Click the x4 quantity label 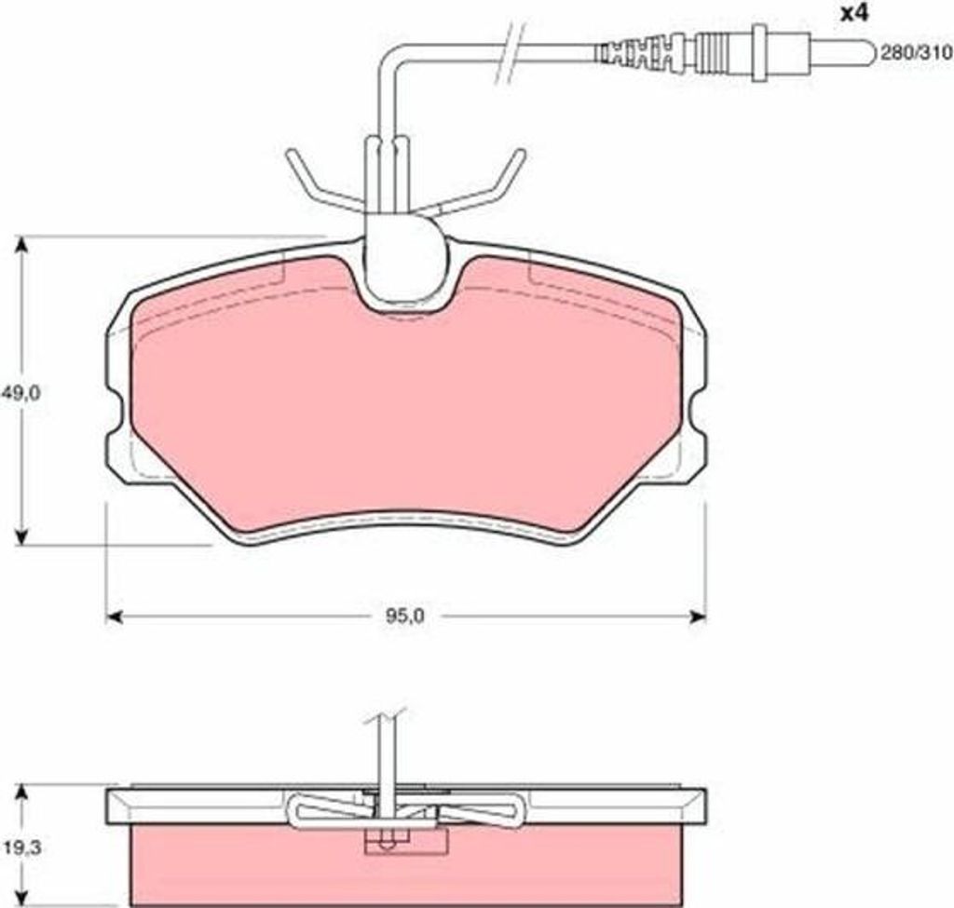854,14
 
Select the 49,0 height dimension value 20,393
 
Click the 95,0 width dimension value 404,617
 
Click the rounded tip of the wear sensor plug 867,53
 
